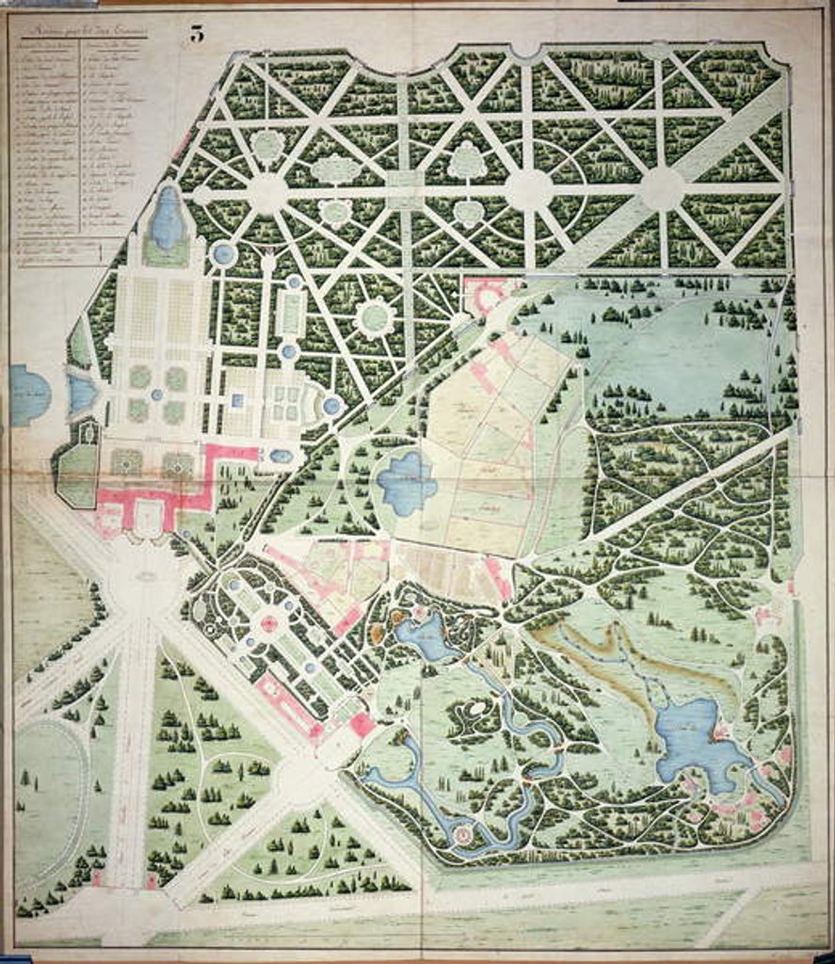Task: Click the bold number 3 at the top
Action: pyautogui.click(x=197, y=34)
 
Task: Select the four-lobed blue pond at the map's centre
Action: pyautogui.click(x=406, y=482)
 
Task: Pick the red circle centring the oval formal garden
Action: pyautogui.click(x=270, y=622)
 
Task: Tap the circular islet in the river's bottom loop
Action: pyautogui.click(x=461, y=833)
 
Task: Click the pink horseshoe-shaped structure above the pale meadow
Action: pyautogui.click(x=488, y=295)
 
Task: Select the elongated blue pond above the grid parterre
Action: pyautogui.click(x=167, y=219)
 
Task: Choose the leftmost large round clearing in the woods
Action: pyautogui.click(x=268, y=193)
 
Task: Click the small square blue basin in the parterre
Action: pyautogui.click(x=238, y=399)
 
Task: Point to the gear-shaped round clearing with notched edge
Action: pyautogui.click(x=375, y=317)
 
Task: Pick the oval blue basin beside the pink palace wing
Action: pyautogui.click(x=280, y=457)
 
